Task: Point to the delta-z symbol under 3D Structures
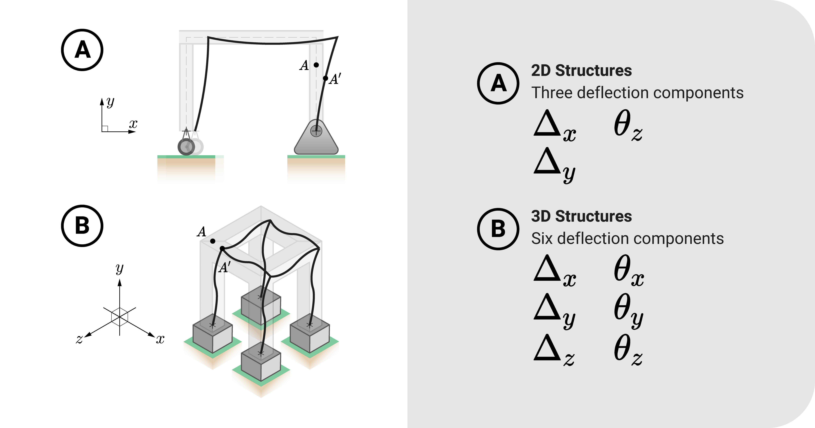(554, 350)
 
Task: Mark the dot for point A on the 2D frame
(316, 65)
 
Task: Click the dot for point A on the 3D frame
(213, 241)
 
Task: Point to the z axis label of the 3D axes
(79, 339)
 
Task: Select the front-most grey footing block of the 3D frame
(261, 364)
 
